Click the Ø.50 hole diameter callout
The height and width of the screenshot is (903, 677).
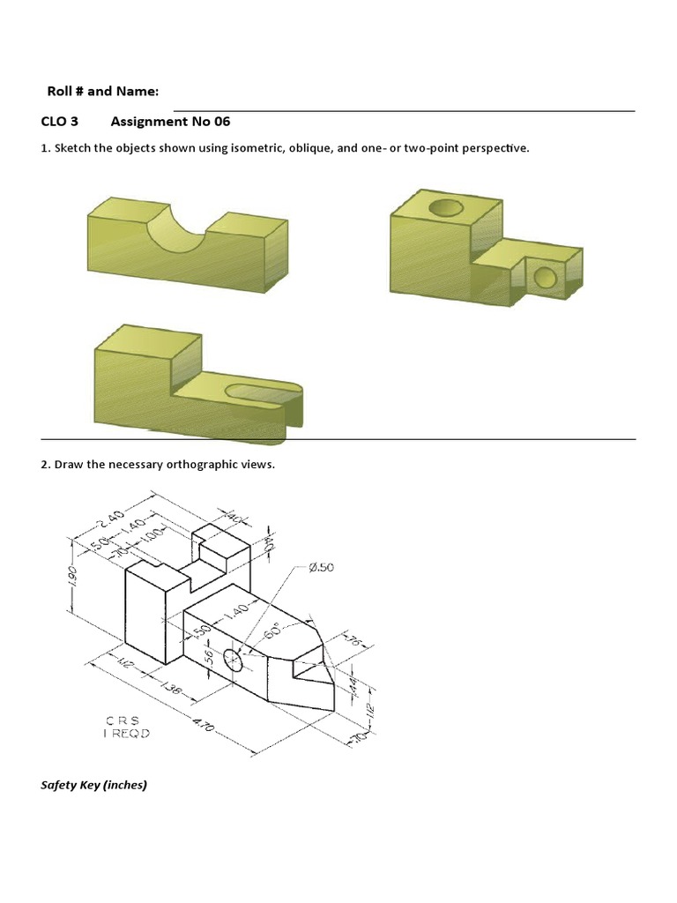click(x=322, y=568)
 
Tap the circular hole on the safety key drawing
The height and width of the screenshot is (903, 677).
click(x=234, y=659)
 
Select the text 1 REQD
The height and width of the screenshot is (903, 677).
click(x=127, y=734)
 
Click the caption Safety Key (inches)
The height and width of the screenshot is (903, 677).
click(x=93, y=784)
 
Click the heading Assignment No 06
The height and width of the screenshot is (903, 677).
click(x=170, y=121)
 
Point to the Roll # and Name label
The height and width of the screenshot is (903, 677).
click(x=102, y=91)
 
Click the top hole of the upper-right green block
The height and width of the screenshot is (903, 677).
click(x=445, y=208)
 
